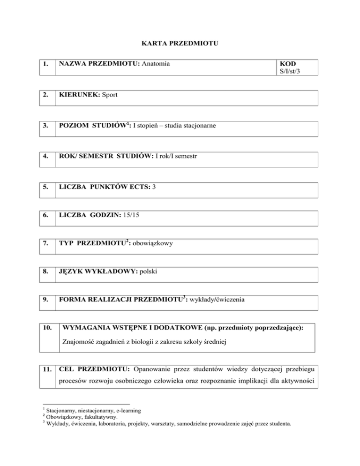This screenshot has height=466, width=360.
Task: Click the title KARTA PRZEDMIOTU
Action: coord(180,44)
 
